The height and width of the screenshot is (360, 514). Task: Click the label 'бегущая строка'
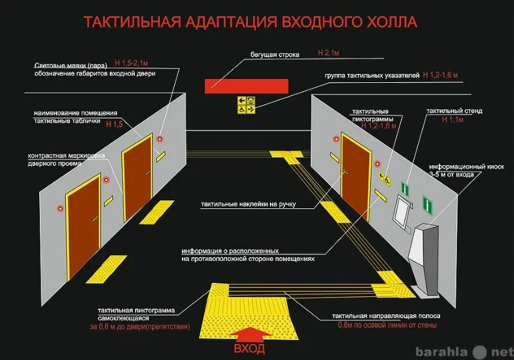click(x=274, y=55)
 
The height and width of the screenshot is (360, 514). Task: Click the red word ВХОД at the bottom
click(x=249, y=349)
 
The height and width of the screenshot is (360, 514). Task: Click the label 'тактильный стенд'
click(x=454, y=111)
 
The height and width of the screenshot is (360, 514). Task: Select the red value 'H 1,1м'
click(x=452, y=120)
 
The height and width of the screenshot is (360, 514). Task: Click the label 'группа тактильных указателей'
click(x=372, y=76)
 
